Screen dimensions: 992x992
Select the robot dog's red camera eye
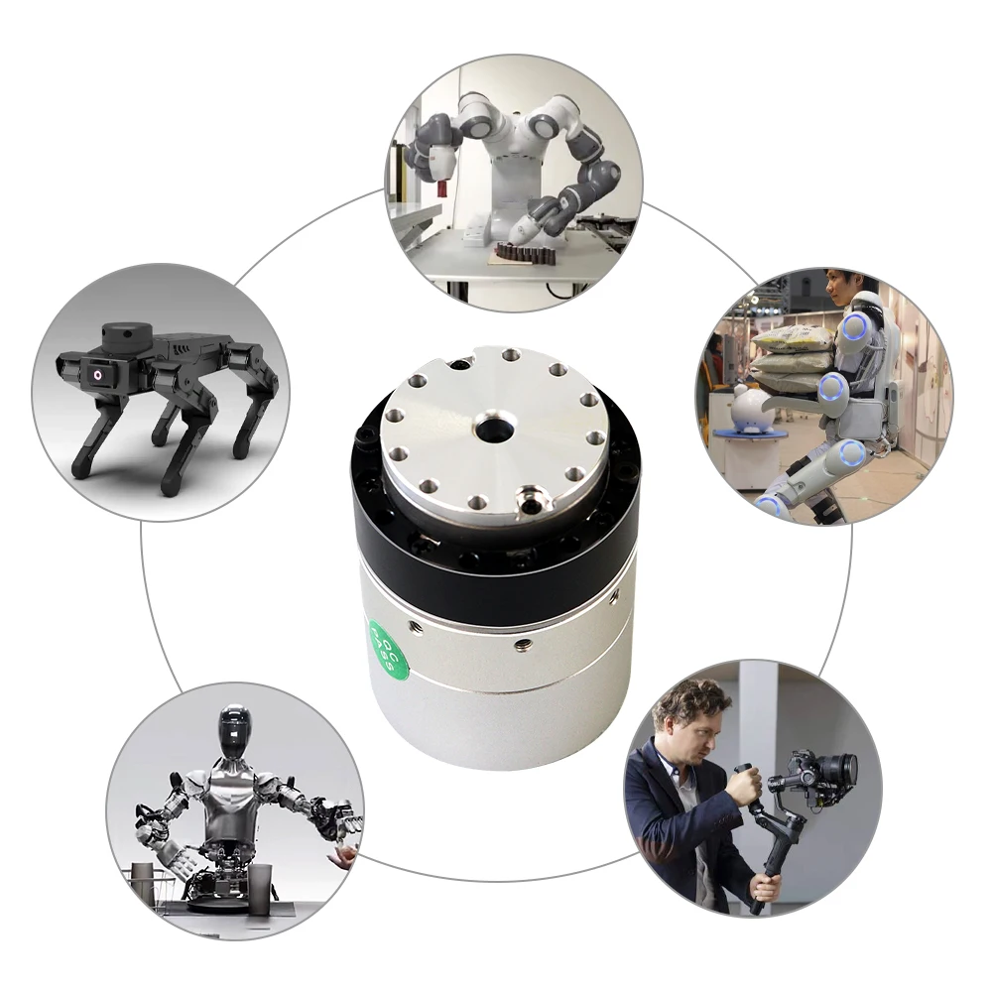pos(99,377)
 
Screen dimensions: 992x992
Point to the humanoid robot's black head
pos(234,732)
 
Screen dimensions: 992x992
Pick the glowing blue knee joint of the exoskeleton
pos(850,455)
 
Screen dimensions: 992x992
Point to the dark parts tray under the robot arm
pos(523,256)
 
